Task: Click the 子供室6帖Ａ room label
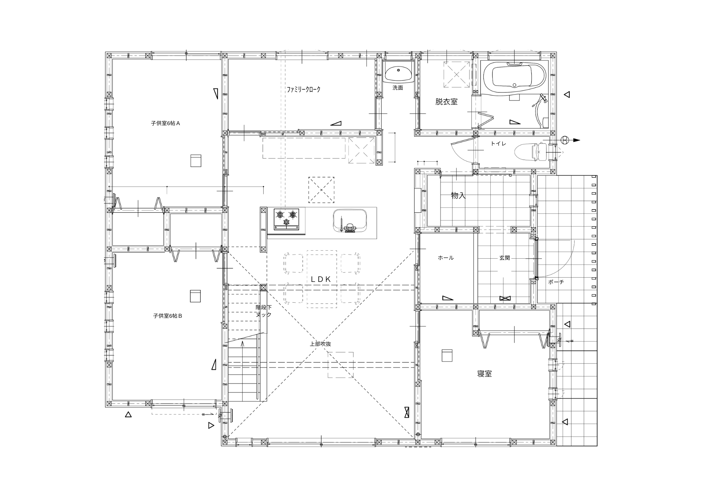pos(165,123)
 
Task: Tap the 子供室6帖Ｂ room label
pos(167,316)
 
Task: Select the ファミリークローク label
pos(304,90)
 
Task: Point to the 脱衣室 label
pos(446,102)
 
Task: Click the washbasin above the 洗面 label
pos(398,73)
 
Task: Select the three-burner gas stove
pos(287,219)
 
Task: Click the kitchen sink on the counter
pos(350,221)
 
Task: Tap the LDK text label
pos(321,279)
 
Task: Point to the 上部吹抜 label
pos(320,344)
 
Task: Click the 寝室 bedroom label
pos(484,374)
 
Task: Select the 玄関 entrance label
pos(505,258)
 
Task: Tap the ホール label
pos(446,258)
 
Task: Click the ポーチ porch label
pos(556,282)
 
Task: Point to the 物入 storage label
pos(458,196)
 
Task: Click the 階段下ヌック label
pos(264,311)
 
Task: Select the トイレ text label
pos(498,144)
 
